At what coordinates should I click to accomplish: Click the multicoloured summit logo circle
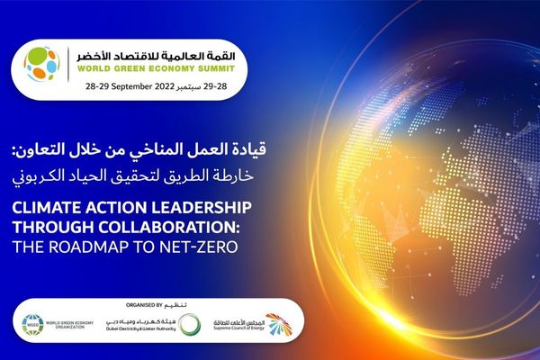40,65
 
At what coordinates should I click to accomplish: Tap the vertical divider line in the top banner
70,66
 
